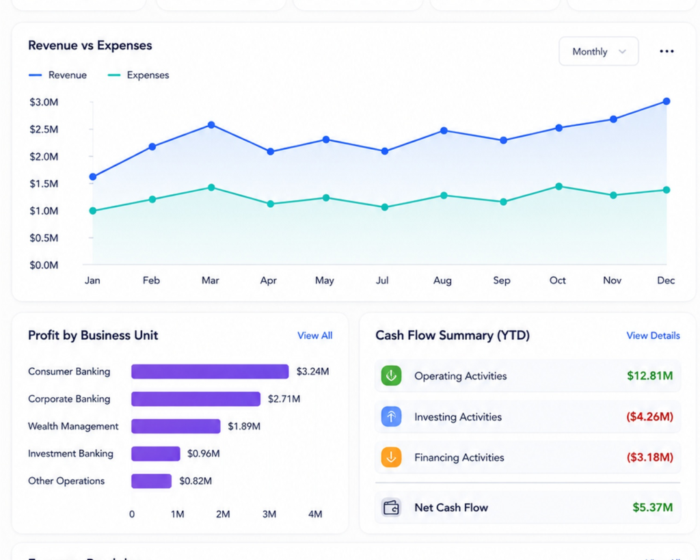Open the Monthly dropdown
[598, 51]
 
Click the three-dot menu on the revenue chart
[667, 51]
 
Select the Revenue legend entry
[57, 75]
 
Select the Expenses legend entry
[138, 75]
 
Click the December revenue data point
[666, 101]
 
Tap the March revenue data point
[211, 125]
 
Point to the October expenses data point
[558, 187]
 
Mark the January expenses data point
[93, 211]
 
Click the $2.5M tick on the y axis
[44, 129]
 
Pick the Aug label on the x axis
[442, 280]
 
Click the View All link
[314, 335]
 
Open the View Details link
[653, 335]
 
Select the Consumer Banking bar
[210, 371]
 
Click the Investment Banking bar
[156, 454]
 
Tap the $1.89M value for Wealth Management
[244, 427]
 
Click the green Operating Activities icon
[391, 375]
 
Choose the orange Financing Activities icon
[391, 457]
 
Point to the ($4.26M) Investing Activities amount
[649, 416]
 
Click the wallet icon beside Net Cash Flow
[391, 508]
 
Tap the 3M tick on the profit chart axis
[269, 514]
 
